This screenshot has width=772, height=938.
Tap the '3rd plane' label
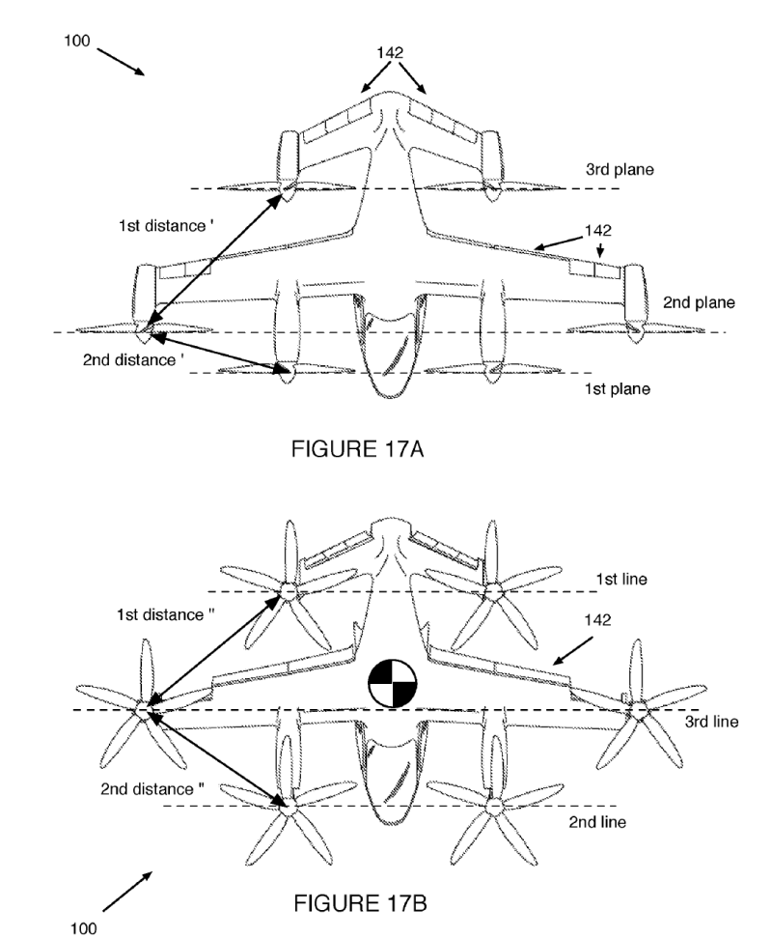[620, 169]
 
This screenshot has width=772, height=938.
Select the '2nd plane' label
[699, 302]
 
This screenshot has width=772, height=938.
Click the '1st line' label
[620, 580]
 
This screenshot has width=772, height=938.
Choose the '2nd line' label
[596, 822]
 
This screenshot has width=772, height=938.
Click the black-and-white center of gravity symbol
[390, 683]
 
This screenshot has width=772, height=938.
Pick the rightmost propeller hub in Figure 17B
[637, 710]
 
